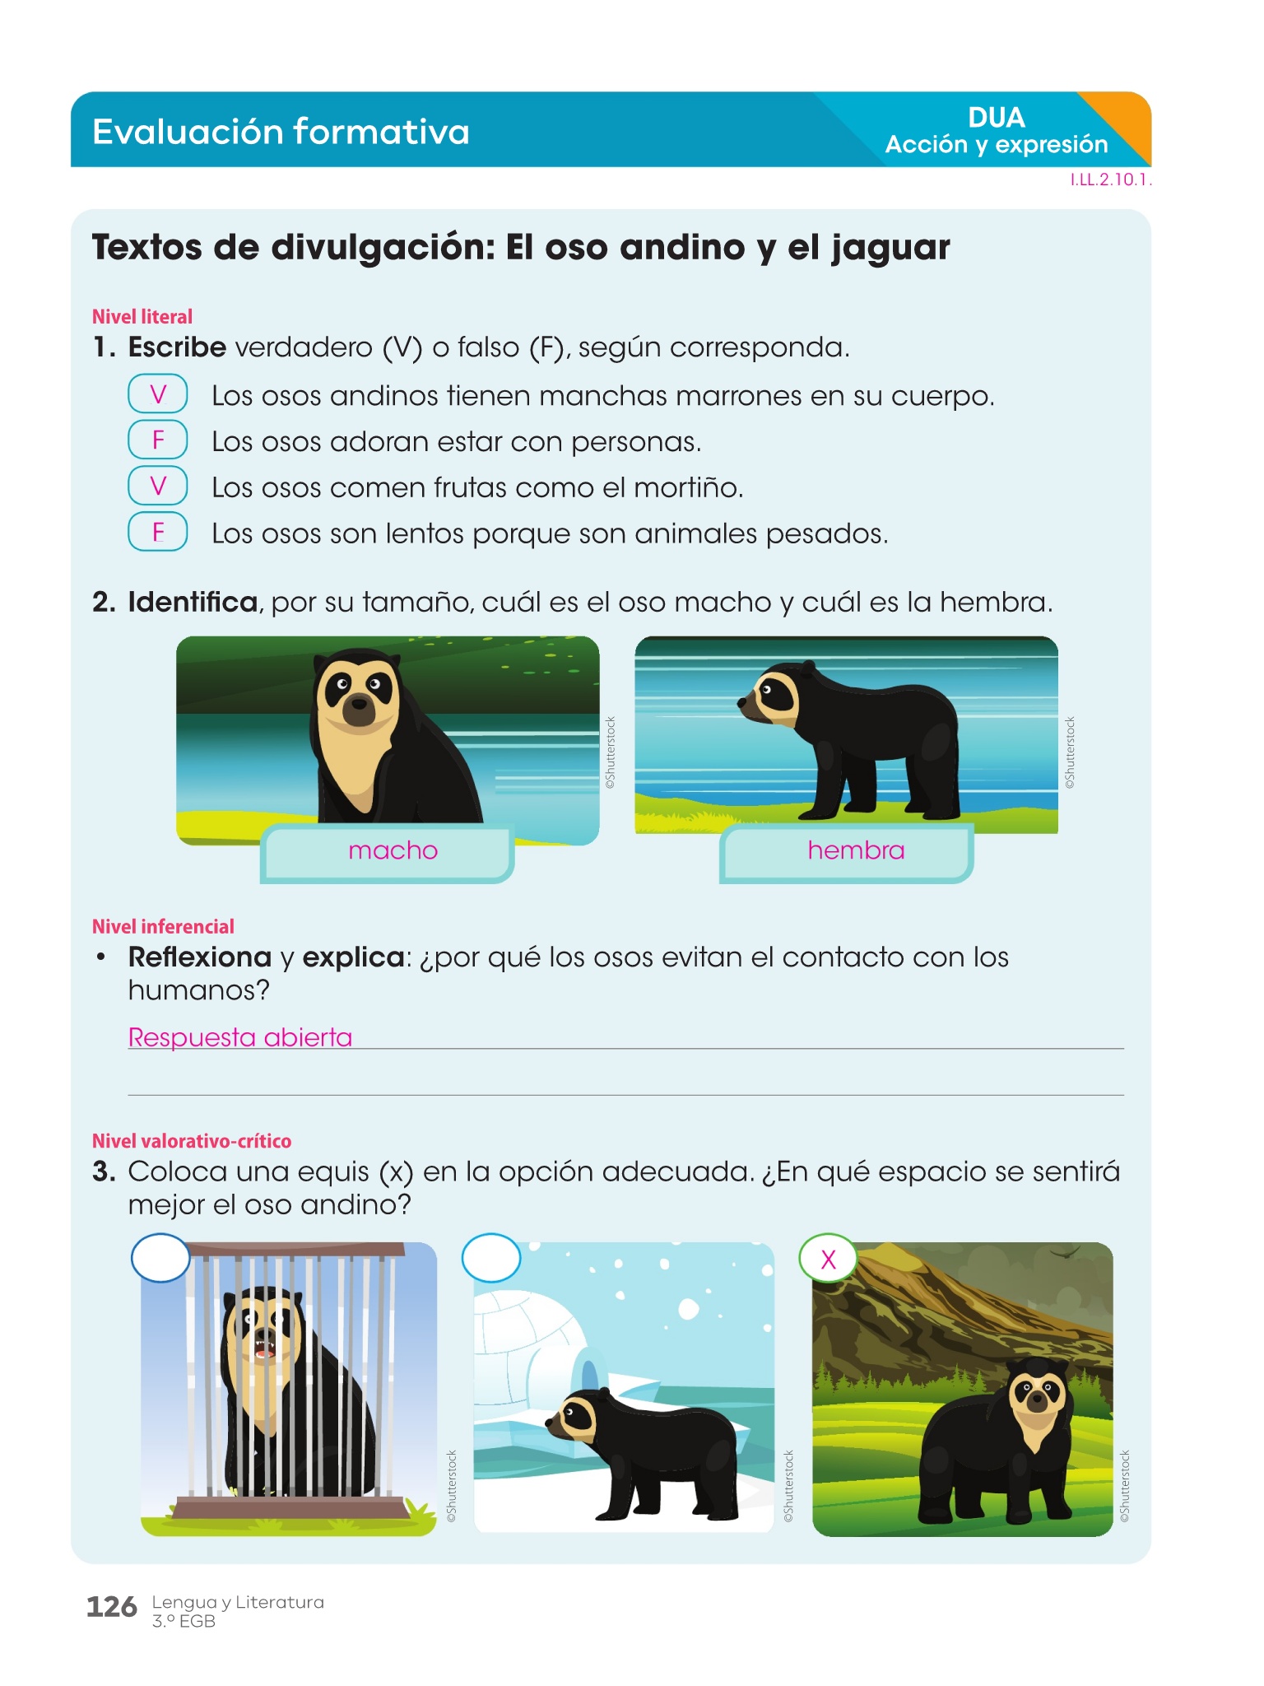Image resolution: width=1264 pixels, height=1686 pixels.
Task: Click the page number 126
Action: click(112, 1606)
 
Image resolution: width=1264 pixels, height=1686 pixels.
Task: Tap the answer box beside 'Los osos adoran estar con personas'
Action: click(158, 440)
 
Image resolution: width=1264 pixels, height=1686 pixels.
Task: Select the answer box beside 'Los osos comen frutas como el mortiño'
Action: click(158, 486)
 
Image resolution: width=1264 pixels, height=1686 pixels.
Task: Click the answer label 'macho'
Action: click(393, 850)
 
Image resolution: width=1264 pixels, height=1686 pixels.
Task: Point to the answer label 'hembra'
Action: click(856, 850)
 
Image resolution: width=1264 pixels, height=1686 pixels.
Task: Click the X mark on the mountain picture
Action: click(829, 1260)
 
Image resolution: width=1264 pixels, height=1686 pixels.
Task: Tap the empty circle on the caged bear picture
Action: click(161, 1258)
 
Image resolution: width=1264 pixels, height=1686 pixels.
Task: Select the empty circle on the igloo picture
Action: click(491, 1258)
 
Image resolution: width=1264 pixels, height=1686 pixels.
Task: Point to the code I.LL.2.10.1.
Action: click(1110, 180)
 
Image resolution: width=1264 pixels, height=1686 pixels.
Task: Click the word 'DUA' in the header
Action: click(997, 118)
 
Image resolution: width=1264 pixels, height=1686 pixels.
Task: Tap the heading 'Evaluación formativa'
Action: click(281, 132)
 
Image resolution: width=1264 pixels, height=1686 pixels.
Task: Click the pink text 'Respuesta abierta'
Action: click(240, 1037)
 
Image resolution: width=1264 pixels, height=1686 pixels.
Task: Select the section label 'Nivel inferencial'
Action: click(163, 927)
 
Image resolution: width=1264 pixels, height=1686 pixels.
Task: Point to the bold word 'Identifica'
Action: click(193, 602)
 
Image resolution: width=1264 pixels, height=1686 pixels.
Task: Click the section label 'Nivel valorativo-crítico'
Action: click(192, 1141)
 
